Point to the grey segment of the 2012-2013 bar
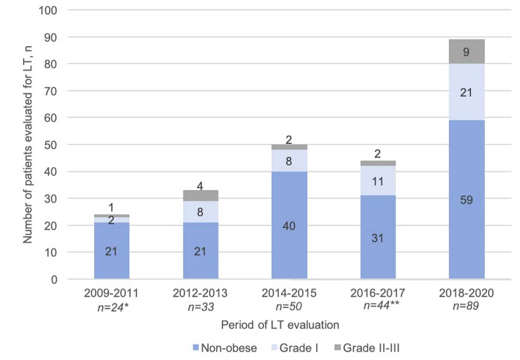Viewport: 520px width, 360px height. (200, 195)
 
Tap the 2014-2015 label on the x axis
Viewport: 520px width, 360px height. (289, 293)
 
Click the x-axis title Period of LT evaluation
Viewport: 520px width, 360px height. (279, 324)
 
